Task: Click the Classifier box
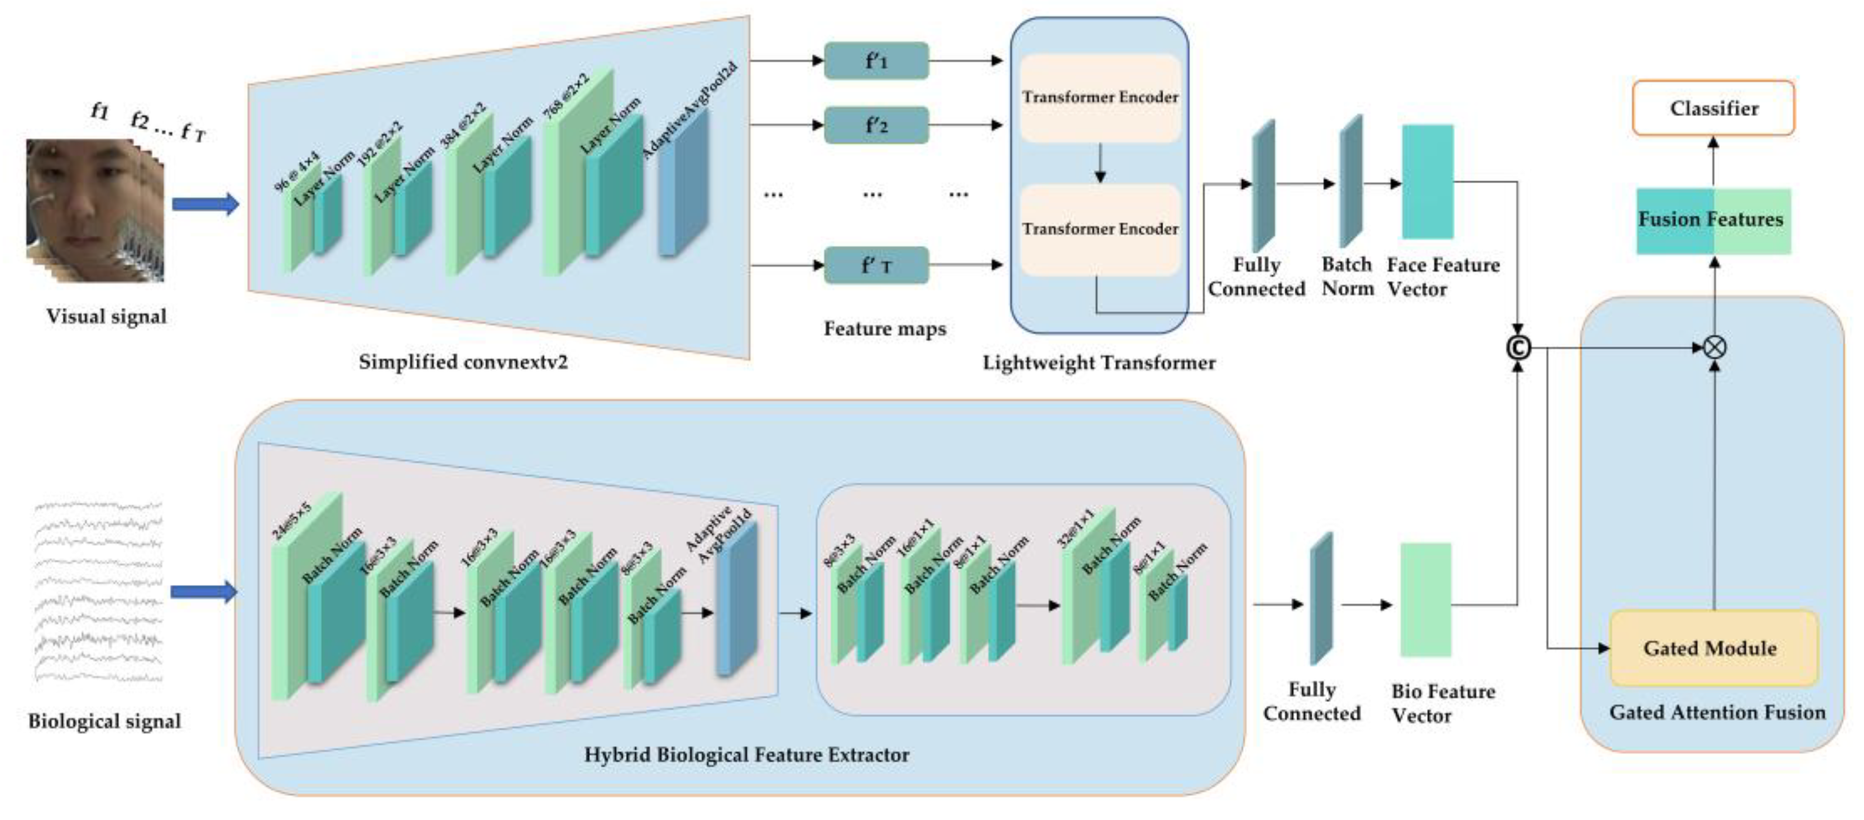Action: click(1713, 108)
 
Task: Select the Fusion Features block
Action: click(1713, 220)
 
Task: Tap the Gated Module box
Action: click(1713, 648)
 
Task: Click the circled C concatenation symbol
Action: click(1518, 348)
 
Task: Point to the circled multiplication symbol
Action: click(1713, 347)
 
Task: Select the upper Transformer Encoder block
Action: click(1099, 98)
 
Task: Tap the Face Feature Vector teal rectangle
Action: click(1427, 181)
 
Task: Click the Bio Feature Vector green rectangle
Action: click(1426, 599)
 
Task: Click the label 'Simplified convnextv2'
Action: click(463, 362)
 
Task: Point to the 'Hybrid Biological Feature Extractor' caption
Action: click(746, 755)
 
